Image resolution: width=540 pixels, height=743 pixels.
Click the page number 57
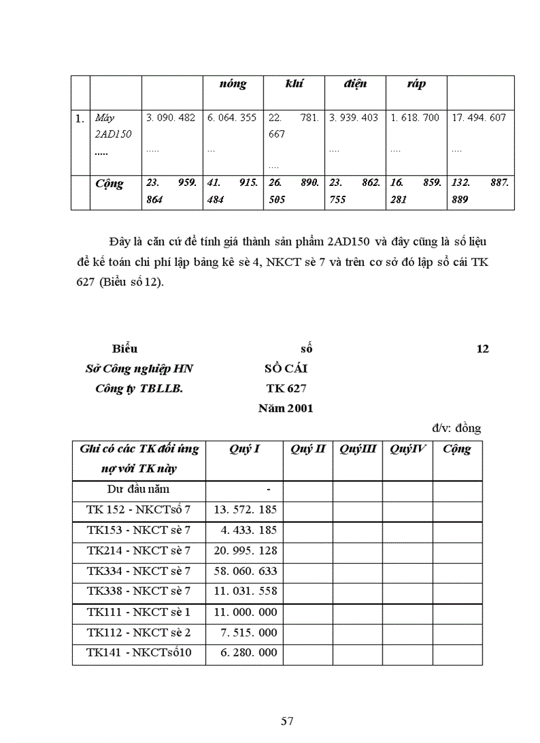287,721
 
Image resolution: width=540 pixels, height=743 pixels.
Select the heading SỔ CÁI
286,369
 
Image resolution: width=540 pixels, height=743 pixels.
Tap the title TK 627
286,388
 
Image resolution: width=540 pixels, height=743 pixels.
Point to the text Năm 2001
286,408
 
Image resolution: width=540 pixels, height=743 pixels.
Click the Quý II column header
308,449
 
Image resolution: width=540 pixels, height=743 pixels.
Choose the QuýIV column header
408,449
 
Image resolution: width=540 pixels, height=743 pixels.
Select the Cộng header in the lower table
457,449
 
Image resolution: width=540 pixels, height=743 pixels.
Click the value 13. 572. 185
245,509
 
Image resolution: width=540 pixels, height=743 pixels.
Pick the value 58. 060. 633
245,570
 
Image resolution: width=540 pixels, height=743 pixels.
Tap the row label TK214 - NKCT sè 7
139,550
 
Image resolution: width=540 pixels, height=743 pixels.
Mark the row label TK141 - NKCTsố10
139,652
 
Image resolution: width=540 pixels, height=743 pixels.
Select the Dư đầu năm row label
138,489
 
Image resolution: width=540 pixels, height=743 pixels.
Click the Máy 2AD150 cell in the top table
113,126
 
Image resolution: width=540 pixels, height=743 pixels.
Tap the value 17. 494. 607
478,118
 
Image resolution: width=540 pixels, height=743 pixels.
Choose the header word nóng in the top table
233,84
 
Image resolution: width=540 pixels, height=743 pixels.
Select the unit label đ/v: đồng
457,428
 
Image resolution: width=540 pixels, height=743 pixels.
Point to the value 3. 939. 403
353,118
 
